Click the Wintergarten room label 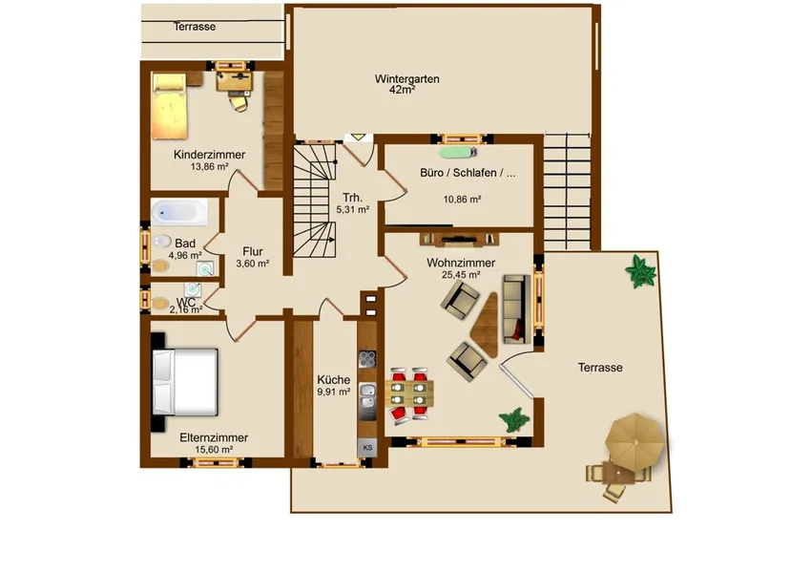407,79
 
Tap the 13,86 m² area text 210,167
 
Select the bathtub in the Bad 179,212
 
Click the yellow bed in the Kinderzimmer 169,106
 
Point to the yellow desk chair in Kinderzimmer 239,103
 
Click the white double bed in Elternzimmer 185,382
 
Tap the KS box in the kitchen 367,448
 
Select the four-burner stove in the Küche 367,359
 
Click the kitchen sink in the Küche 367,395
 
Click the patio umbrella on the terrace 635,441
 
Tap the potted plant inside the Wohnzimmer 514,420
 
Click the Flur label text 253,251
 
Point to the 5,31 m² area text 353,210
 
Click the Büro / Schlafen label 468,173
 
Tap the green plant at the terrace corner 640,271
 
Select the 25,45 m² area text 461,275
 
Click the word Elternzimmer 214,437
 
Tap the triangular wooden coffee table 486,326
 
